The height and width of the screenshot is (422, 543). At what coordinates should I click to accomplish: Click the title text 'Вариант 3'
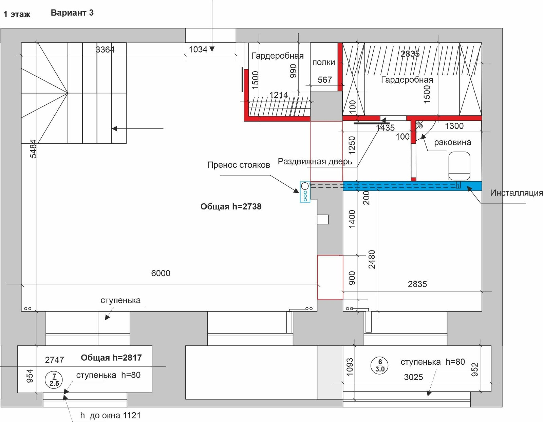[x=72, y=13]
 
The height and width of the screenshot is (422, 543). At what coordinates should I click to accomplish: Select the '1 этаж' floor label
[x=17, y=14]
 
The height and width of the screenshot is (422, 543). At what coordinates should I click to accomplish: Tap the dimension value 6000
[x=161, y=273]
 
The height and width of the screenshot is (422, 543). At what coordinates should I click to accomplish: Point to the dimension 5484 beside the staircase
[x=33, y=149]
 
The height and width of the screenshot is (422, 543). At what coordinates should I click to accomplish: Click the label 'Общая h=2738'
[x=231, y=206]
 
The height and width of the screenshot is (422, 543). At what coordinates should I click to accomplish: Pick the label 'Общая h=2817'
[x=111, y=358]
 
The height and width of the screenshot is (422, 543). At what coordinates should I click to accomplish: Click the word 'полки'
[x=324, y=62]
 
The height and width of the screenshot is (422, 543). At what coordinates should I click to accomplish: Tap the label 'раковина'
[x=452, y=142]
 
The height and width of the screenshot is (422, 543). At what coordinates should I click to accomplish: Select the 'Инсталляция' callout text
[x=517, y=193]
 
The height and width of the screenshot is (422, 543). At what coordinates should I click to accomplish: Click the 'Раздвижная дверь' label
[x=315, y=162]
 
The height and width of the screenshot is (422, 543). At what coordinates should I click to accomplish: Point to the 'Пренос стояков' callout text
[x=239, y=165]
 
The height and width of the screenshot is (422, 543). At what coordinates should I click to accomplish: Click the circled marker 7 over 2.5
[x=54, y=380]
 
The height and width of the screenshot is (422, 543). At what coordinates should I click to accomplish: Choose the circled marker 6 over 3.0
[x=380, y=366]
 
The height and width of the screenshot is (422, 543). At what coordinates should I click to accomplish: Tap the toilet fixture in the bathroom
[x=459, y=166]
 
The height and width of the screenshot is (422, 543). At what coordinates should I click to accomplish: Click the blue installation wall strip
[x=412, y=186]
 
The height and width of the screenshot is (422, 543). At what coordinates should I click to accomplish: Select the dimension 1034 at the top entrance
[x=198, y=49]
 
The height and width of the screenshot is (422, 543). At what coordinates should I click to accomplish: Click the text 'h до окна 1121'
[x=110, y=416]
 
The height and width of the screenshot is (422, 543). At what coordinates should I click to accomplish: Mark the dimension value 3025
[x=414, y=377]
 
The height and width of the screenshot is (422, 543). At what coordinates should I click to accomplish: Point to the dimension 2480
[x=372, y=259]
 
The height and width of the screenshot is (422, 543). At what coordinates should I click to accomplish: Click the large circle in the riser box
[x=305, y=186]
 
